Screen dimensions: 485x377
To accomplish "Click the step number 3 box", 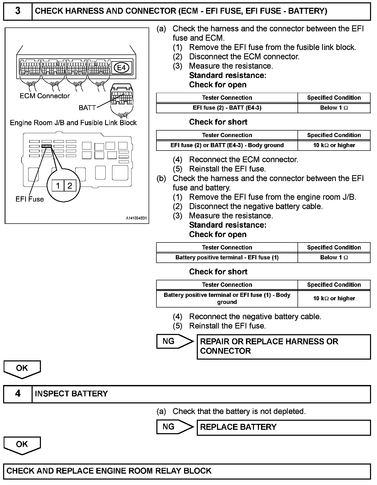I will point(18,11).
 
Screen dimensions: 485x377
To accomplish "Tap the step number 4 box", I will point(18,394).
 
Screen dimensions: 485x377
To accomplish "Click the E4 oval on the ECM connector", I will point(121,68).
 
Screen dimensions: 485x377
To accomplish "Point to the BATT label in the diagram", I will point(87,108).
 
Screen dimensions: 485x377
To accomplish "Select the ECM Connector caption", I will point(45,96).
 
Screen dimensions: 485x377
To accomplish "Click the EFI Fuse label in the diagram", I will point(30,199).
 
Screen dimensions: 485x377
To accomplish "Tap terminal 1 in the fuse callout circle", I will point(58,186).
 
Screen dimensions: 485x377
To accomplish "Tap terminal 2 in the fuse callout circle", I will point(70,186).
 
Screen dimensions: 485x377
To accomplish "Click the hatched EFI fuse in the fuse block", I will point(47,146).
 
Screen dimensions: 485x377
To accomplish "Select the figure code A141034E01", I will point(136,218).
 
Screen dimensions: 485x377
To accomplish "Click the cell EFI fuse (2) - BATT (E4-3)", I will point(227,108).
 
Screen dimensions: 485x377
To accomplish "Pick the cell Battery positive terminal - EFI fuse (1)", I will point(227,258).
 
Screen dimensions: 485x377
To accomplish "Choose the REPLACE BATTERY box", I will point(284,427).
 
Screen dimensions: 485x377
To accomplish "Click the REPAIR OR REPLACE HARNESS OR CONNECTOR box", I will point(284,346).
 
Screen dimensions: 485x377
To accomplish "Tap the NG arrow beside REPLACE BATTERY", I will point(174,427).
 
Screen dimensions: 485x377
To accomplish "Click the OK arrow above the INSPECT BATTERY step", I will point(22,369).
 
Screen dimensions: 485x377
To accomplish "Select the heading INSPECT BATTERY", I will point(71,394).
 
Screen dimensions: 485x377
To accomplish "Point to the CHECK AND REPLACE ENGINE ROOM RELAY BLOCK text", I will point(109,471).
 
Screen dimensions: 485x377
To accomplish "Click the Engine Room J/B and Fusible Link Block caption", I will point(73,123).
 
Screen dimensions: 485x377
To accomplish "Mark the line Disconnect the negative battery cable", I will point(256,206).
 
